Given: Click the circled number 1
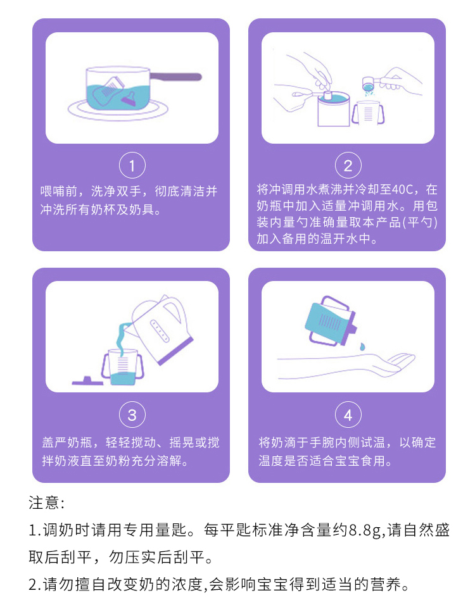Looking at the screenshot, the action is (x=132, y=165).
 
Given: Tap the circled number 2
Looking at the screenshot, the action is (x=348, y=165).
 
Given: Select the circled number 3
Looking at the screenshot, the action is (x=132, y=415).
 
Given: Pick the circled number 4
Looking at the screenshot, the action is (x=348, y=415).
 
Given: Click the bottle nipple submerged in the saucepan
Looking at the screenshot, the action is (x=130, y=99).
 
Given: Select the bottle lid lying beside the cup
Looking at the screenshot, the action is (x=87, y=381).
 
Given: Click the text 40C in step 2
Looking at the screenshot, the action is (x=403, y=190).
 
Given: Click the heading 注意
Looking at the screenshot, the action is (x=44, y=503).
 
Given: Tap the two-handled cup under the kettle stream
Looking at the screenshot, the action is (x=123, y=367).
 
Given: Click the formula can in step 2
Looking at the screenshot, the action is (x=334, y=109).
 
